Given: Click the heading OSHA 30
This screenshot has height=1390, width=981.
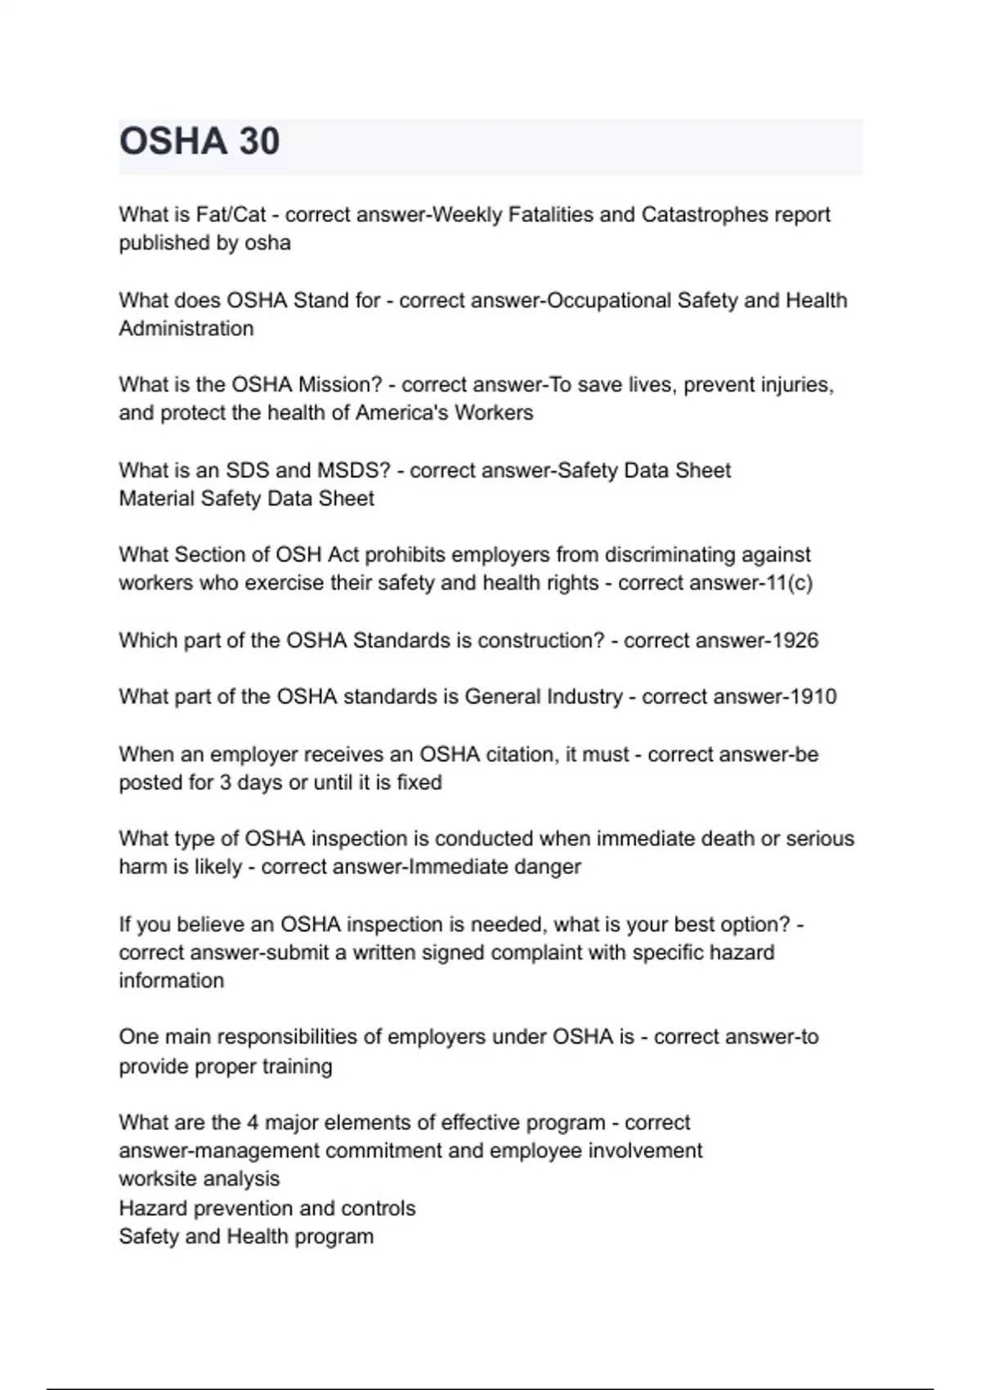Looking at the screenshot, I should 199,141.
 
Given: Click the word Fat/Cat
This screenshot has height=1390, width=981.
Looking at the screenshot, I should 231,215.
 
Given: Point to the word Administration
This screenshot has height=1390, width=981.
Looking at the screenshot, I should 186,329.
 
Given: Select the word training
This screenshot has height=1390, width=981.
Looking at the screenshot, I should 297,1066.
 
